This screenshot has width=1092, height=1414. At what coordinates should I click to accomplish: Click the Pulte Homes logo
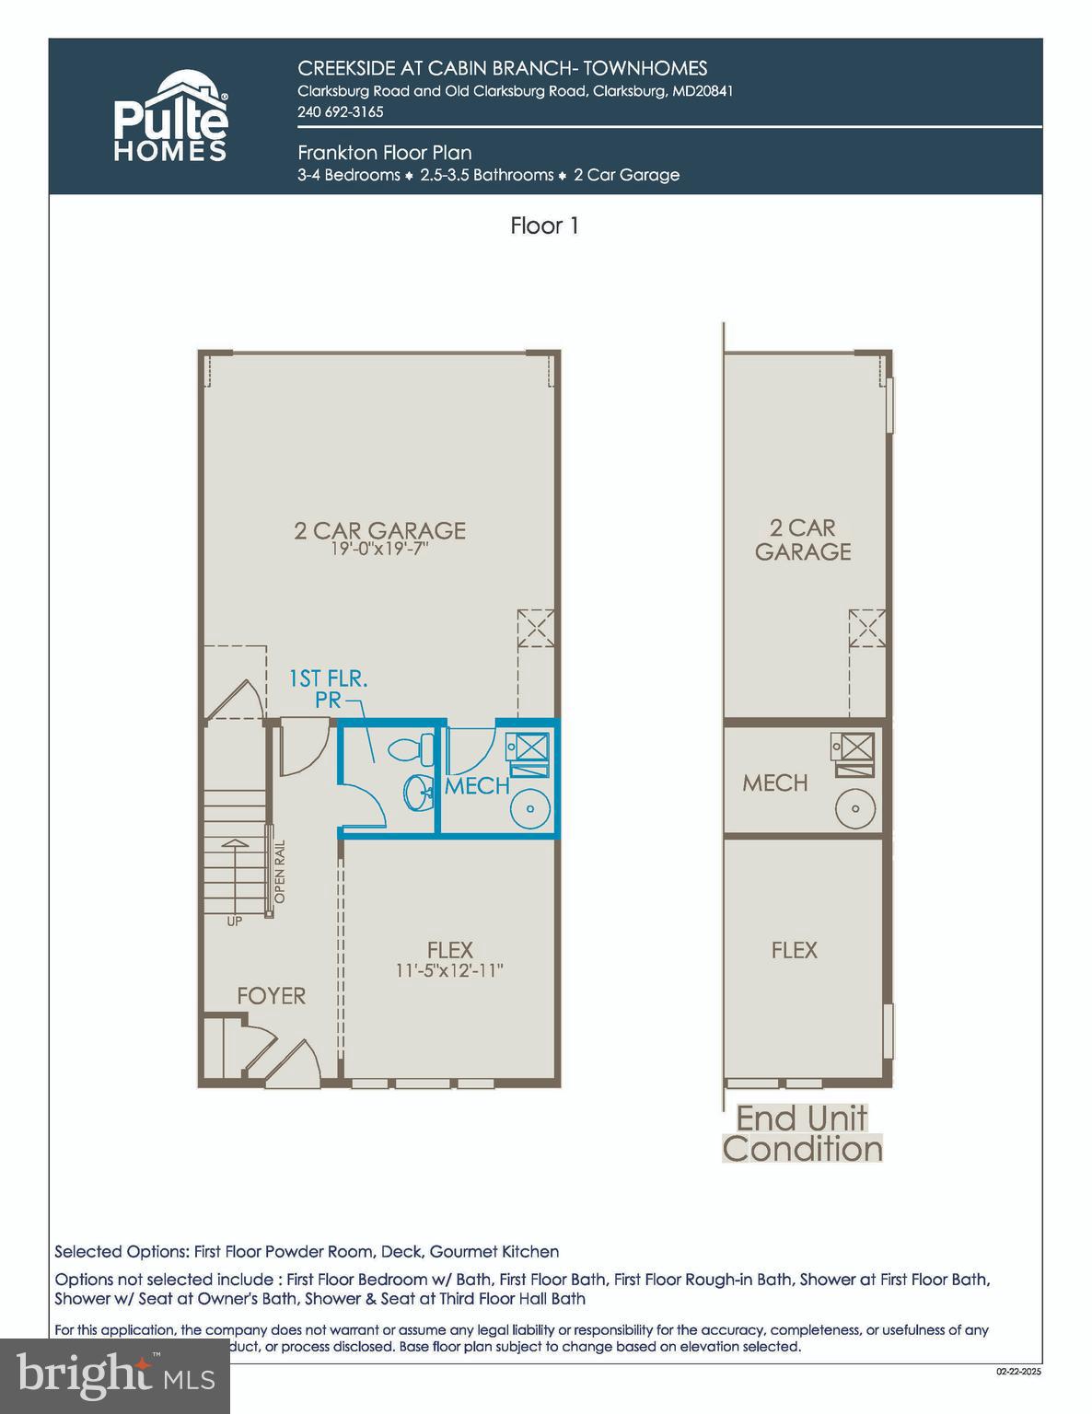tap(170, 117)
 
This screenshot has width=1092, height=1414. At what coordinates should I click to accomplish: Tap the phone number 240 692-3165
tap(340, 111)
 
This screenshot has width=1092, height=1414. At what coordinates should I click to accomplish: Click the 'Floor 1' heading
tap(544, 226)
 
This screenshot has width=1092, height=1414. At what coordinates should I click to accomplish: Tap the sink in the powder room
tap(419, 792)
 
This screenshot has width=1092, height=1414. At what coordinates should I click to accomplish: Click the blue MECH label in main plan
tap(477, 785)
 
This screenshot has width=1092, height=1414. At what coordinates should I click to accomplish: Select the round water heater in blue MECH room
tap(530, 808)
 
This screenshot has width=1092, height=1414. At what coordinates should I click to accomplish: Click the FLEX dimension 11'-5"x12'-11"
tap(449, 970)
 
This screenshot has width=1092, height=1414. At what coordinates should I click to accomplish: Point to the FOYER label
tap(271, 995)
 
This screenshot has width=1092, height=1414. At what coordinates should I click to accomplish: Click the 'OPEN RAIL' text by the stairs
tap(280, 871)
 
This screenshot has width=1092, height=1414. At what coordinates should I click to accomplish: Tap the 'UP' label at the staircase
tap(235, 921)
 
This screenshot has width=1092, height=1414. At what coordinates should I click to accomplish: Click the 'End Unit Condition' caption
tap(802, 1134)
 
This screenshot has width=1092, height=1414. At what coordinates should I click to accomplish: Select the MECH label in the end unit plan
tap(775, 782)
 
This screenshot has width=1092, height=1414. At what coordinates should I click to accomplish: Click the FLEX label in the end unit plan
tap(794, 949)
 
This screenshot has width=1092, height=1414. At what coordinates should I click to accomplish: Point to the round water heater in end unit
tap(855, 808)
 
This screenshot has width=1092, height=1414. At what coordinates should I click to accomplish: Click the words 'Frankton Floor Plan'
tap(384, 153)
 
